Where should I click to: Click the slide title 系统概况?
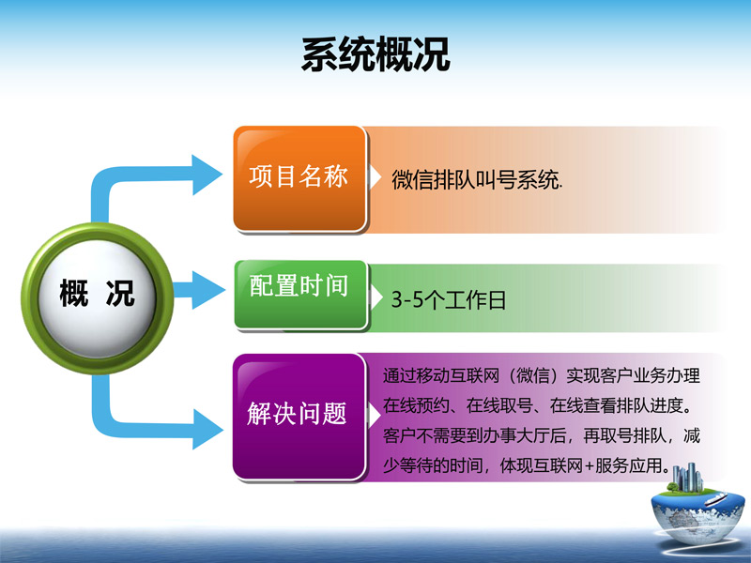[x=375, y=54]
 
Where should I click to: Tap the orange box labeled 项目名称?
[x=299, y=178]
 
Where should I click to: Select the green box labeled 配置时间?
[x=300, y=295]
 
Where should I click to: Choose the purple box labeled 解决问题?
[x=299, y=417]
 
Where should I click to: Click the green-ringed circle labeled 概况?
[x=98, y=298]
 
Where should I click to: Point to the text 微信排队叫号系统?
[x=477, y=180]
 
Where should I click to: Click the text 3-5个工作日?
[x=449, y=299]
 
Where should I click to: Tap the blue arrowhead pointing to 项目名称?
[x=207, y=175]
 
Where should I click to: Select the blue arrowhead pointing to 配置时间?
[x=207, y=290]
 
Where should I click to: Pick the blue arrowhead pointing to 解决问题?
[x=207, y=429]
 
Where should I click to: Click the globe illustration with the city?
[x=697, y=509]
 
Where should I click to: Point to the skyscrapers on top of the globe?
[x=687, y=477]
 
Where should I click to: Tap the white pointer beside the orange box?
[x=374, y=177]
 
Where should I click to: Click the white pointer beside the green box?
[x=375, y=297]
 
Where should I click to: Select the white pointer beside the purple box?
[x=374, y=415]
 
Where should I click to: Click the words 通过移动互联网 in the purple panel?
[x=441, y=376]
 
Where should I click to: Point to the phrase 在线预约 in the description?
[x=416, y=406]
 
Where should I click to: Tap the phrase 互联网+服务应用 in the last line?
[x=604, y=465]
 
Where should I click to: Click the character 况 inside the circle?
[x=120, y=293]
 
